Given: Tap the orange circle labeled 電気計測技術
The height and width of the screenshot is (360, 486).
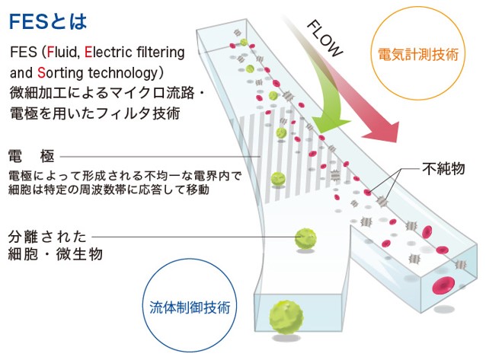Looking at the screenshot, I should point(418,55).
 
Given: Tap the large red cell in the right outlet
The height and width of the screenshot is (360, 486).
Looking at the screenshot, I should point(445,285).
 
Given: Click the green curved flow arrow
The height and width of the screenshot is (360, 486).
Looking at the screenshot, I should point(329,107).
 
